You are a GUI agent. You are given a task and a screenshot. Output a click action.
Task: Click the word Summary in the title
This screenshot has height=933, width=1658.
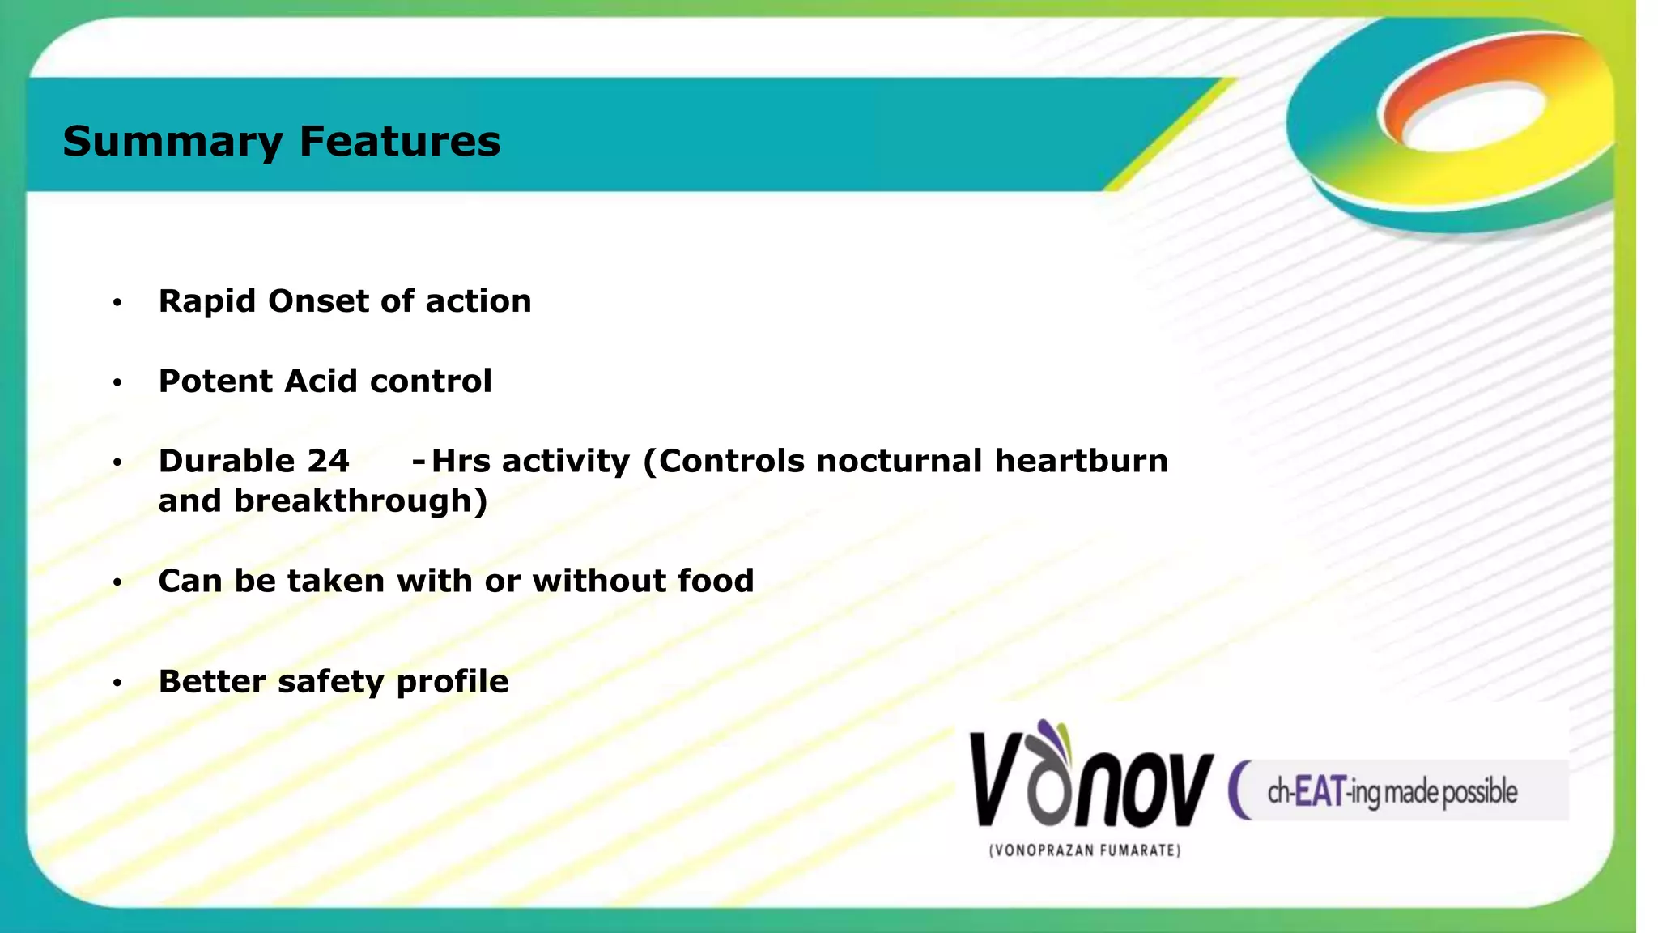[172, 142]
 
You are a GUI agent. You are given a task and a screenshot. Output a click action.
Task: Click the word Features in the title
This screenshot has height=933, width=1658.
[400, 142]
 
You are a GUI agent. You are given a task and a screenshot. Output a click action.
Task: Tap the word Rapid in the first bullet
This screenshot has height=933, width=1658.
[207, 301]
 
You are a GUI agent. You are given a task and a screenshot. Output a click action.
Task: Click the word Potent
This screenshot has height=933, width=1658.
[215, 381]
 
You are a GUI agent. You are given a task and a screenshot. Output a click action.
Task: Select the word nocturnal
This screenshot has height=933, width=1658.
[899, 462]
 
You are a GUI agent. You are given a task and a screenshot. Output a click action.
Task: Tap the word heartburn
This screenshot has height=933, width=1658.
[1082, 462]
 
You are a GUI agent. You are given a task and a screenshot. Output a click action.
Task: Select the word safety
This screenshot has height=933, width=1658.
[330, 682]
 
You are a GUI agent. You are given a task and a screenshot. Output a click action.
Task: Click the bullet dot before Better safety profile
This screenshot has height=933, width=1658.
[117, 684]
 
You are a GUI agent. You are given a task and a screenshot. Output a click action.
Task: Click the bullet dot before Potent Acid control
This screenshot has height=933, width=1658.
[117, 382]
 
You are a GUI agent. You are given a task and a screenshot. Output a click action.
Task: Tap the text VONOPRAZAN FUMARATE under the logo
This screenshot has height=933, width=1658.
[1085, 850]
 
